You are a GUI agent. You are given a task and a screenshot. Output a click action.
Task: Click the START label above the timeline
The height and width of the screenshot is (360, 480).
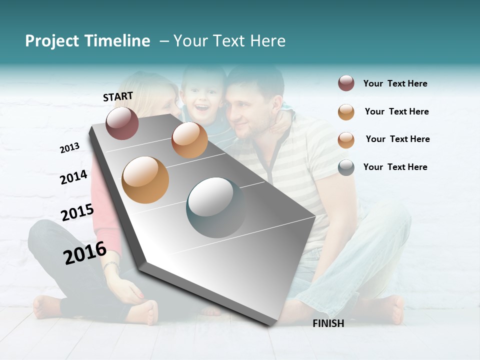118,96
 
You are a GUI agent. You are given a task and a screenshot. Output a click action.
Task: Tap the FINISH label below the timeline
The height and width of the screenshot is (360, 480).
328,323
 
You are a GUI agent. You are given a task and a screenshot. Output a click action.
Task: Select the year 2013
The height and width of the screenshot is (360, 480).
69,147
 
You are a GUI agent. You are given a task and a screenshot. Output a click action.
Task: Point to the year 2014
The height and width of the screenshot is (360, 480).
73,177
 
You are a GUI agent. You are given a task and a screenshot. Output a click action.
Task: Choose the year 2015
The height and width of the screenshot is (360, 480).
77,212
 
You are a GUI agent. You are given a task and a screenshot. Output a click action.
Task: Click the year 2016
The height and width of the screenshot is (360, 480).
85,252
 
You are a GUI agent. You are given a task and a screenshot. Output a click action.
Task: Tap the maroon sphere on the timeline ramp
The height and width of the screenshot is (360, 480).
122,123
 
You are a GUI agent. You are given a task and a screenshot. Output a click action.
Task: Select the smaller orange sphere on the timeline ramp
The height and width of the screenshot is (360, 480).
189,140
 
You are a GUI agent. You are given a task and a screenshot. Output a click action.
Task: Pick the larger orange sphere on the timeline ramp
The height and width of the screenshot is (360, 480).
145,179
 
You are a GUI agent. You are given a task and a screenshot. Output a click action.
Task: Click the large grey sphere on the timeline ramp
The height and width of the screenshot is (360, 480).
216,207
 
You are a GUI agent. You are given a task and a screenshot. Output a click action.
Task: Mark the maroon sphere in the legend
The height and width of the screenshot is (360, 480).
346,83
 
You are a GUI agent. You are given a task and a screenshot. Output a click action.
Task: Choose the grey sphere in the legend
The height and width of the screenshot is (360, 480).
346,167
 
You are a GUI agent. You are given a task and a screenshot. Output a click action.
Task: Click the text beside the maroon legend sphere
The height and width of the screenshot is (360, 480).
395,83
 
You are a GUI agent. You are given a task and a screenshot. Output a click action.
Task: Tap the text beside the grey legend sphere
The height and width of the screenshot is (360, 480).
395,167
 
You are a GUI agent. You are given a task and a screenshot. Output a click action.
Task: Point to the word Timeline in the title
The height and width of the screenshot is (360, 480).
118,41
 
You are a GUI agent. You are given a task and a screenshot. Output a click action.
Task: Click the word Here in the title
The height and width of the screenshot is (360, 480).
267,41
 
